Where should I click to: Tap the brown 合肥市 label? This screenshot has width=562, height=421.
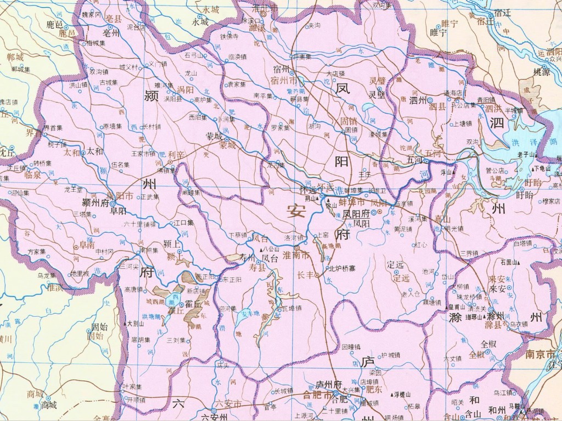point(318,394)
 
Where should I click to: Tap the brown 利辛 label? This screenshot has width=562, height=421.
point(177,155)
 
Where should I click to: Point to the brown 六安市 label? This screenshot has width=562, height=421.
point(229,404)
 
